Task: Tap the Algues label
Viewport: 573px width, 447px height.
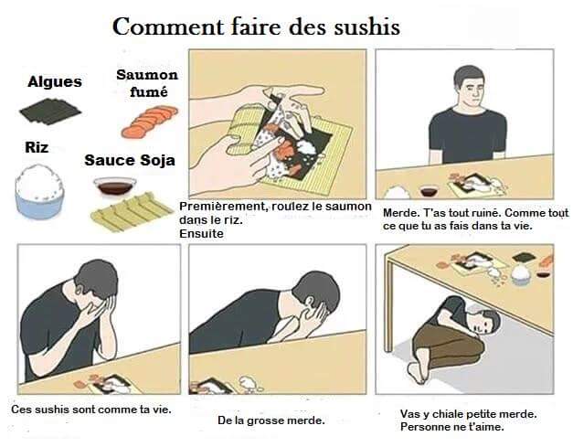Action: (55, 82)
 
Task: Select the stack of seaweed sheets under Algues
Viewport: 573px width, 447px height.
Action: (50, 111)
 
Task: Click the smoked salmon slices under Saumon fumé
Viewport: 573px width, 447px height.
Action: (150, 122)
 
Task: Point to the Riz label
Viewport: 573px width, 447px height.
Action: (37, 147)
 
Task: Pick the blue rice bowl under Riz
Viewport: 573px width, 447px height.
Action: (39, 192)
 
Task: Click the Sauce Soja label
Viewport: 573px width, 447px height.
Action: (130, 161)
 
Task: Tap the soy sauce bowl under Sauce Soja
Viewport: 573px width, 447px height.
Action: (115, 186)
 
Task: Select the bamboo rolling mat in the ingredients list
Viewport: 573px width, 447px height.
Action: (132, 212)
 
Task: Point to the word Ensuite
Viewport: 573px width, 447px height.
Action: (201, 233)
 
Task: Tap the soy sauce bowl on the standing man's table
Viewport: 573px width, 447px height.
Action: (429, 191)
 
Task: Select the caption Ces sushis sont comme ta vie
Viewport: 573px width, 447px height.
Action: (91, 409)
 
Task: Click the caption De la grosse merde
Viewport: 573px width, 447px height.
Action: (271, 420)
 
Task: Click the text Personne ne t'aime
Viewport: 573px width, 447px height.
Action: (452, 427)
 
